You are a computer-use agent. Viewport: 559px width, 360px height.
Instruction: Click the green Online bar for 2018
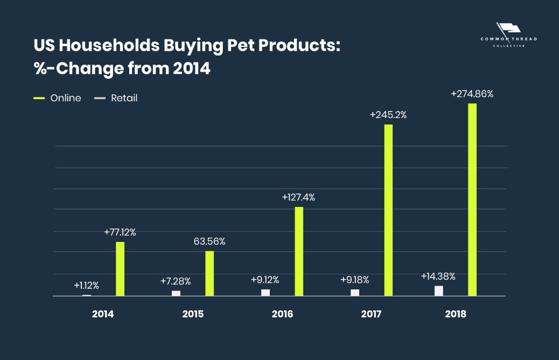pyautogui.click(x=472, y=199)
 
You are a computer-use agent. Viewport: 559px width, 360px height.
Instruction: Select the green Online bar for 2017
pyautogui.click(x=388, y=210)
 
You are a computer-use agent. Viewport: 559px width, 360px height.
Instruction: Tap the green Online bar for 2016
pyautogui.click(x=299, y=251)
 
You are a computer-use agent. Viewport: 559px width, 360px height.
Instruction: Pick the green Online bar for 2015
pyautogui.click(x=209, y=273)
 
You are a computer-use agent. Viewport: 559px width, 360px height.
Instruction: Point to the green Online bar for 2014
pyautogui.click(x=120, y=269)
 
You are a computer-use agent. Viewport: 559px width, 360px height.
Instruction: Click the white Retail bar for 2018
pyautogui.click(x=439, y=291)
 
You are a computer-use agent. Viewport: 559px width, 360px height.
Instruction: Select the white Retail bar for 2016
pyautogui.click(x=265, y=293)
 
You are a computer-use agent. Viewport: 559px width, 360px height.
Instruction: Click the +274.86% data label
pyautogui.click(x=472, y=94)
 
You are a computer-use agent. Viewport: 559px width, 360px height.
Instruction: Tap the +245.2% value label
pyautogui.click(x=388, y=115)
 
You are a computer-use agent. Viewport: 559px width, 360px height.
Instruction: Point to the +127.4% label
pyautogui.click(x=298, y=197)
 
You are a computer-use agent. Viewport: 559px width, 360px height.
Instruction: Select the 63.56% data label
pyautogui.click(x=209, y=241)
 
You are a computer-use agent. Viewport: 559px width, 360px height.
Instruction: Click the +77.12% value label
pyautogui.click(x=120, y=233)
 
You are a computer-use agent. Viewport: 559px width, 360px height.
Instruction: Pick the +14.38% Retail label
pyautogui.click(x=438, y=276)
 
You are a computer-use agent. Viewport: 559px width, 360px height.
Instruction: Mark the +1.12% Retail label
pyautogui.click(x=86, y=286)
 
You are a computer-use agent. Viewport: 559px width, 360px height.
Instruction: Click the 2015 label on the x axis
pyautogui.click(x=193, y=314)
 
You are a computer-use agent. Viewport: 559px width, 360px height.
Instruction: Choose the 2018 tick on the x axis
pyautogui.click(x=455, y=314)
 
